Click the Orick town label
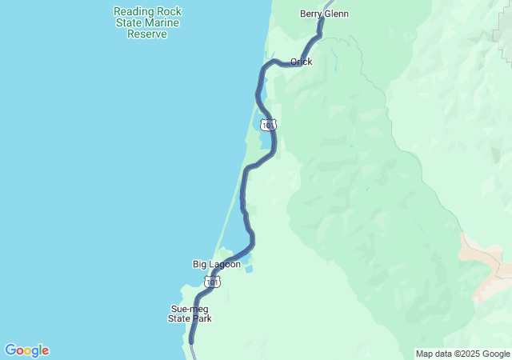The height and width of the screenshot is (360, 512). coord(302,62)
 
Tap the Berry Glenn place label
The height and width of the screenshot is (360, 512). coord(324,14)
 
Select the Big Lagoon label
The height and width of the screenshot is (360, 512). coord(216,264)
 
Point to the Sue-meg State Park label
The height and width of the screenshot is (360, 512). coord(190,314)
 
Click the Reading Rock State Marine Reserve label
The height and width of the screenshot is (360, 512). coord(147,22)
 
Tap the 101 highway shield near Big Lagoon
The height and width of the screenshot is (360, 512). coord(212,282)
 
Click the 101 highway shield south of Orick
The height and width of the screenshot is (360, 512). coord(269,125)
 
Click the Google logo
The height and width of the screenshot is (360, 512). coord(26,350)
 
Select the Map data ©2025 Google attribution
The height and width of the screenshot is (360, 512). coord(462,354)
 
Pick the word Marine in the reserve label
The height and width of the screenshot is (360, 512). coord(164,23)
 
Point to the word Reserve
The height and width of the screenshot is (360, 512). coord(147,34)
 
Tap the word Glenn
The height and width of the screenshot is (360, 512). coord(336,14)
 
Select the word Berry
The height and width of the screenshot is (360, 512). coord(311,14)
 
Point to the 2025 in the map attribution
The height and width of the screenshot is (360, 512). coord(468,354)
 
